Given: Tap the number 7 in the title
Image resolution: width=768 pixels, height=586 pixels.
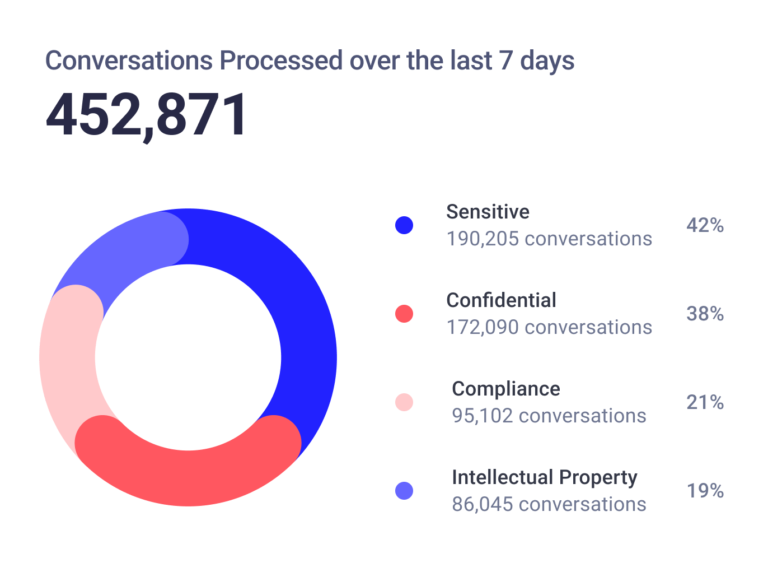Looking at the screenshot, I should pyautogui.click(x=505, y=61).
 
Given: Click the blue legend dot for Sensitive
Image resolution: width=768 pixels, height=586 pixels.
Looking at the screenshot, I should pyautogui.click(x=404, y=225).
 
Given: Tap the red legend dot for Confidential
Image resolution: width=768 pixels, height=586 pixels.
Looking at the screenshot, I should pyautogui.click(x=404, y=314).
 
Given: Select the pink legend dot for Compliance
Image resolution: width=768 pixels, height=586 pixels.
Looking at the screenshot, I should pyautogui.click(x=404, y=402).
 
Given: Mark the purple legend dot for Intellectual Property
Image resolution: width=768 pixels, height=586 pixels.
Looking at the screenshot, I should pyautogui.click(x=404, y=491).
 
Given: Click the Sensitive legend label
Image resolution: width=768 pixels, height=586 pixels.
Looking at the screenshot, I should pyautogui.click(x=488, y=212).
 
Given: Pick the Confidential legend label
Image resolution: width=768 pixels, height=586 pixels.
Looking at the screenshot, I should pyautogui.click(x=501, y=300).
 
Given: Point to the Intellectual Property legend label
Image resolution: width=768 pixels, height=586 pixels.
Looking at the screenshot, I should pyautogui.click(x=544, y=477).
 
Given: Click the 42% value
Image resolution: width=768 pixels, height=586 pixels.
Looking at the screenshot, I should pyautogui.click(x=705, y=225).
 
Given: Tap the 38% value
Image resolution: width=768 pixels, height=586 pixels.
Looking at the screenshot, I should pyautogui.click(x=705, y=314).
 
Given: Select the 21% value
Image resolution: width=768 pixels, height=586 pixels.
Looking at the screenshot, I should pyautogui.click(x=705, y=402).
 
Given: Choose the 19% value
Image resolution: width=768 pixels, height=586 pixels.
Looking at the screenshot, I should pyautogui.click(x=705, y=491).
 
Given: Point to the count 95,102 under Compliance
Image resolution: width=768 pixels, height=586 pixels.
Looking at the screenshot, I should pyautogui.click(x=482, y=416).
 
